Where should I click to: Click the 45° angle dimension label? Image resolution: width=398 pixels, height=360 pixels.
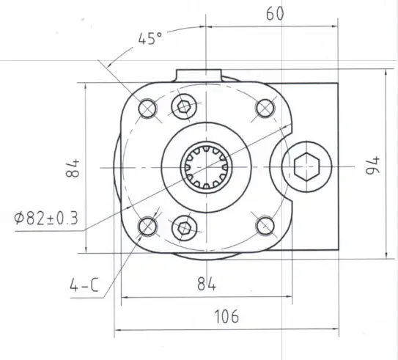click(150, 39)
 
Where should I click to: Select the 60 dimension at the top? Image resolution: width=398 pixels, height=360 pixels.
click(275, 14)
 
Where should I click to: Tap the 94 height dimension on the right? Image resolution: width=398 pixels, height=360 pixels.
click(372, 165)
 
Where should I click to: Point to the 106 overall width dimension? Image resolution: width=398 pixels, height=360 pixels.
click(226, 316)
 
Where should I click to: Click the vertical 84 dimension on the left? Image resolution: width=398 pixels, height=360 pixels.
click(73, 168)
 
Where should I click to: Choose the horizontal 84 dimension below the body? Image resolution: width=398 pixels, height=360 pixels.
click(207, 284)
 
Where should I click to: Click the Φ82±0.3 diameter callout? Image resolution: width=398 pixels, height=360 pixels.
click(46, 218)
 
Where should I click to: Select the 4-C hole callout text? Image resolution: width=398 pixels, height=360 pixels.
click(84, 285)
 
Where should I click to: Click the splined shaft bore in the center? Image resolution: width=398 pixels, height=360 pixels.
click(206, 166)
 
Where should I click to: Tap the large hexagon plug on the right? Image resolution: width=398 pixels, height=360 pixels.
click(306, 166)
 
